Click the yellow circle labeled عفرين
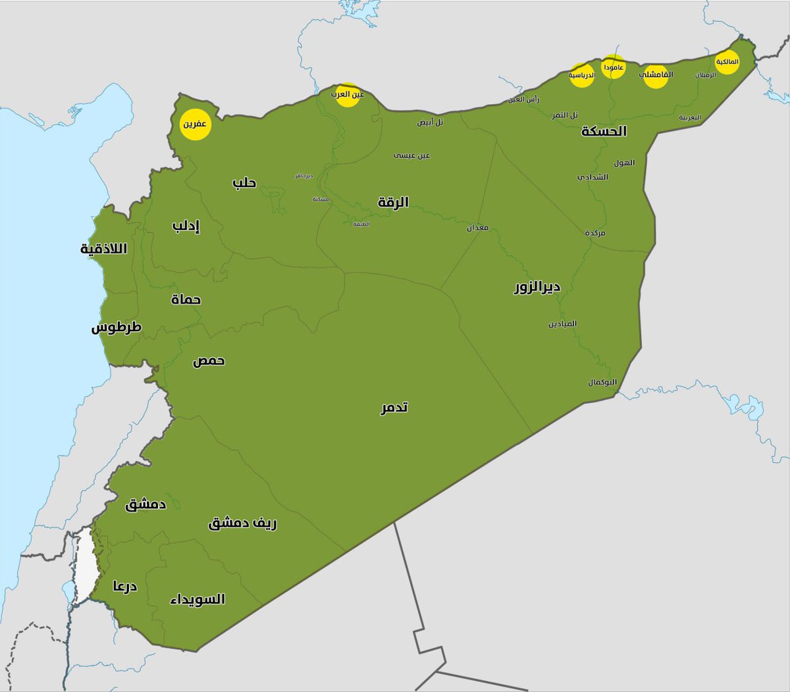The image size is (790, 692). point(196,124)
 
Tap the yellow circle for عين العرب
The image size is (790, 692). point(348,95)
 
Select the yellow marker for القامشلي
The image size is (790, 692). point(656,75)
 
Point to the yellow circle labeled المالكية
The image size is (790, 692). point(727,62)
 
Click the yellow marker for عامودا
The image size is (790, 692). point(613,67)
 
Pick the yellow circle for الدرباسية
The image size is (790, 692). point(582,75)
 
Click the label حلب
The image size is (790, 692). point(244,182)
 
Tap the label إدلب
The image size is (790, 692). point(186,226)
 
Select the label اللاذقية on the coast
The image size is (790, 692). point(103,249)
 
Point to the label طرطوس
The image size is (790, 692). point(117,327)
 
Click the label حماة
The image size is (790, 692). point(186,300)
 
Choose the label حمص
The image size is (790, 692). point(209,361)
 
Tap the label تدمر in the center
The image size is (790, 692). point(394,408)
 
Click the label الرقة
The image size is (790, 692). point(393,202)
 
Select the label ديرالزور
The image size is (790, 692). point(537,287)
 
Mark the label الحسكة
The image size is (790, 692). point(604,131)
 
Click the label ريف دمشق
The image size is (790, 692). point(242,523)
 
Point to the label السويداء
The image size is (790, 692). point(197,599)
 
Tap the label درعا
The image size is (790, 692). point(124,585)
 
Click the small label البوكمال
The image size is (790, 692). point(602,383)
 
